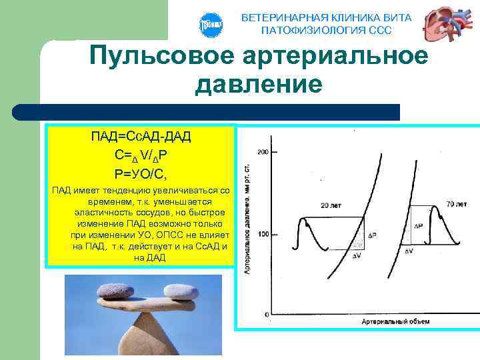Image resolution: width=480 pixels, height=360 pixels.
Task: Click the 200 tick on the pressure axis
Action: [263, 153]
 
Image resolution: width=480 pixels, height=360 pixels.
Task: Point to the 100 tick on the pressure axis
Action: [263, 234]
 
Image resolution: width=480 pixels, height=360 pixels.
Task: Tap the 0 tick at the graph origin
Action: [265, 313]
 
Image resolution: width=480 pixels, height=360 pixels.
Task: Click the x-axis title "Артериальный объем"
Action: [395, 321]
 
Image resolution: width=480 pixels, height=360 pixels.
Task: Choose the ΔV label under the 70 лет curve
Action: [408, 251]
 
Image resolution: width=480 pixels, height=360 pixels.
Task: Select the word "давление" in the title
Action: [259, 85]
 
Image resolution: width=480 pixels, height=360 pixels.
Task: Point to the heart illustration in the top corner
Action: [446, 25]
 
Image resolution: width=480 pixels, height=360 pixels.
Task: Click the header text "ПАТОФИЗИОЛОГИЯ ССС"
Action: [326, 31]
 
